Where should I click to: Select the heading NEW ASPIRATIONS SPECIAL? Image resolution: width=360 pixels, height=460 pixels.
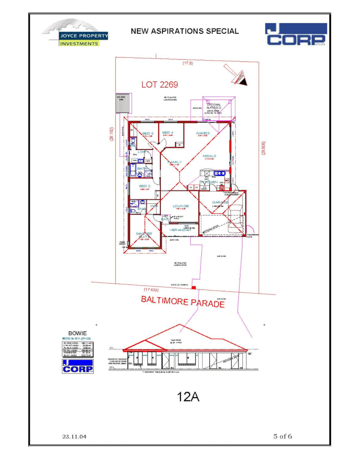[x=185, y=31]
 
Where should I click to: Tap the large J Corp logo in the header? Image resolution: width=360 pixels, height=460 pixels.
[x=295, y=34]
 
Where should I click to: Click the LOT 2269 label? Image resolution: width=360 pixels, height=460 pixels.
[x=160, y=85]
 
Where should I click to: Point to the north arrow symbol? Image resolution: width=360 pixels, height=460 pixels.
[x=238, y=76]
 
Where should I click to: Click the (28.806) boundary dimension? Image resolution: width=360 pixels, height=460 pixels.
[x=263, y=148]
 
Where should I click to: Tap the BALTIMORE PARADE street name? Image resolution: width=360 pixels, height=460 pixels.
[x=183, y=302]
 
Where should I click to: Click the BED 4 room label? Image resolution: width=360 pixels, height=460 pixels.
[x=168, y=132]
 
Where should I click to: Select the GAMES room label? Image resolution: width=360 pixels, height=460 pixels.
[x=203, y=133]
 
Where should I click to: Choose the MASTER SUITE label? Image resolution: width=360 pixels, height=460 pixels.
[x=144, y=236]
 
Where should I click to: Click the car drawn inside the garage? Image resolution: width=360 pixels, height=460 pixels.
[x=234, y=219]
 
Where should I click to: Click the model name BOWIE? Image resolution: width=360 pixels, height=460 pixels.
[x=77, y=333]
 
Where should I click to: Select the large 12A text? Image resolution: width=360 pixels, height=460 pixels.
[x=188, y=397]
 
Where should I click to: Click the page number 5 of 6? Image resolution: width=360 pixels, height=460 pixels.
[x=283, y=436]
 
